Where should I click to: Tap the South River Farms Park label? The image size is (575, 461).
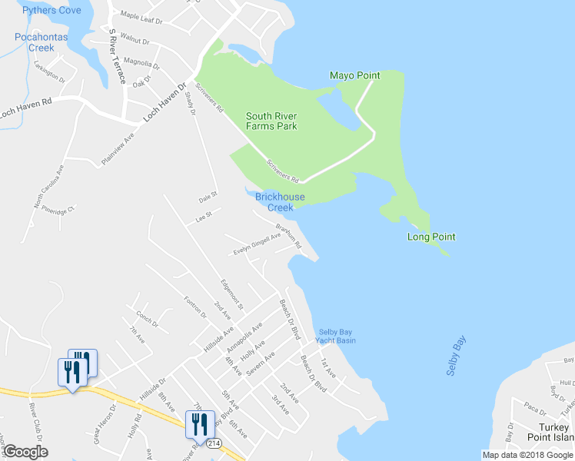(x=271, y=121)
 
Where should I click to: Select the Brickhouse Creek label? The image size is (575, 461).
(x=280, y=202)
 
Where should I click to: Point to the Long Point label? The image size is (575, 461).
(x=431, y=237)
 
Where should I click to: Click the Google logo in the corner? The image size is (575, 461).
(x=25, y=452)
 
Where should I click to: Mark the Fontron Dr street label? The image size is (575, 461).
(x=196, y=306)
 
